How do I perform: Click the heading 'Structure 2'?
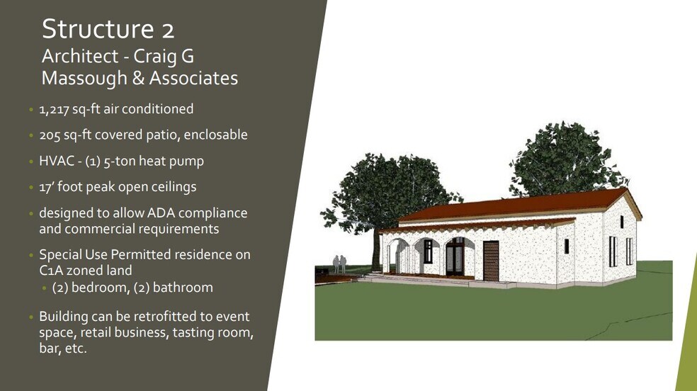point(108,30)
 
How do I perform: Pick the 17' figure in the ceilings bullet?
point(47,187)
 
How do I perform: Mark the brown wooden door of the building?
point(491,260)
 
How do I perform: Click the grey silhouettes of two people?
point(340,264)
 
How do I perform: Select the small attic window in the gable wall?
point(621,220)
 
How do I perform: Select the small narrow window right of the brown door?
point(566,246)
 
